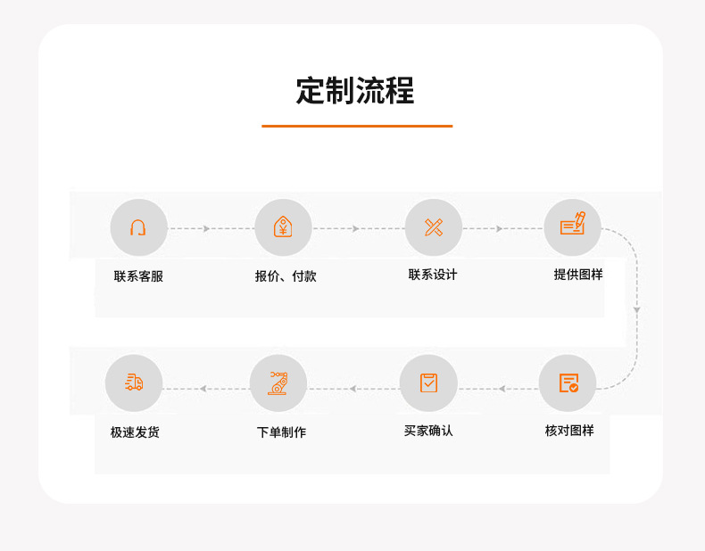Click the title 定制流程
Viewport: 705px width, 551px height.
click(x=355, y=91)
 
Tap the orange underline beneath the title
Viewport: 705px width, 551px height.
click(x=357, y=127)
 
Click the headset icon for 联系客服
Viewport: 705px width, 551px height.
click(x=138, y=227)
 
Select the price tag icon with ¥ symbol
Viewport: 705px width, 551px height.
click(x=283, y=227)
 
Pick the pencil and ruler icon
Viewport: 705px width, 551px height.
click(x=434, y=227)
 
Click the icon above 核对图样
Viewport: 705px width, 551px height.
click(x=568, y=383)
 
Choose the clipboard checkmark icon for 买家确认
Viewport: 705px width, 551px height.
click(x=428, y=383)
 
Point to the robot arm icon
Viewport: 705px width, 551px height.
click(x=278, y=383)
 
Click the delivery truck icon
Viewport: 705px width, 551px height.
click(x=134, y=383)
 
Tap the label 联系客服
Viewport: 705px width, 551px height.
click(x=138, y=276)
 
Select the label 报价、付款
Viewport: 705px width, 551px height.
click(x=286, y=276)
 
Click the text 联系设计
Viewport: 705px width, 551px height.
click(x=433, y=275)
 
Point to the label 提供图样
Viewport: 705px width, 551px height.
click(x=578, y=275)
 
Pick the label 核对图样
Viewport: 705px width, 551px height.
click(x=569, y=431)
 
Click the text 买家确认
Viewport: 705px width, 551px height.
click(x=428, y=431)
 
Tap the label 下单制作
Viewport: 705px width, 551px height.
click(x=281, y=432)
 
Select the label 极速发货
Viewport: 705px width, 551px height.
click(x=135, y=432)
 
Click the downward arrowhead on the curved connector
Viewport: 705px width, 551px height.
click(x=636, y=309)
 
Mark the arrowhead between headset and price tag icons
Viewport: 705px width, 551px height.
click(x=206, y=229)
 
